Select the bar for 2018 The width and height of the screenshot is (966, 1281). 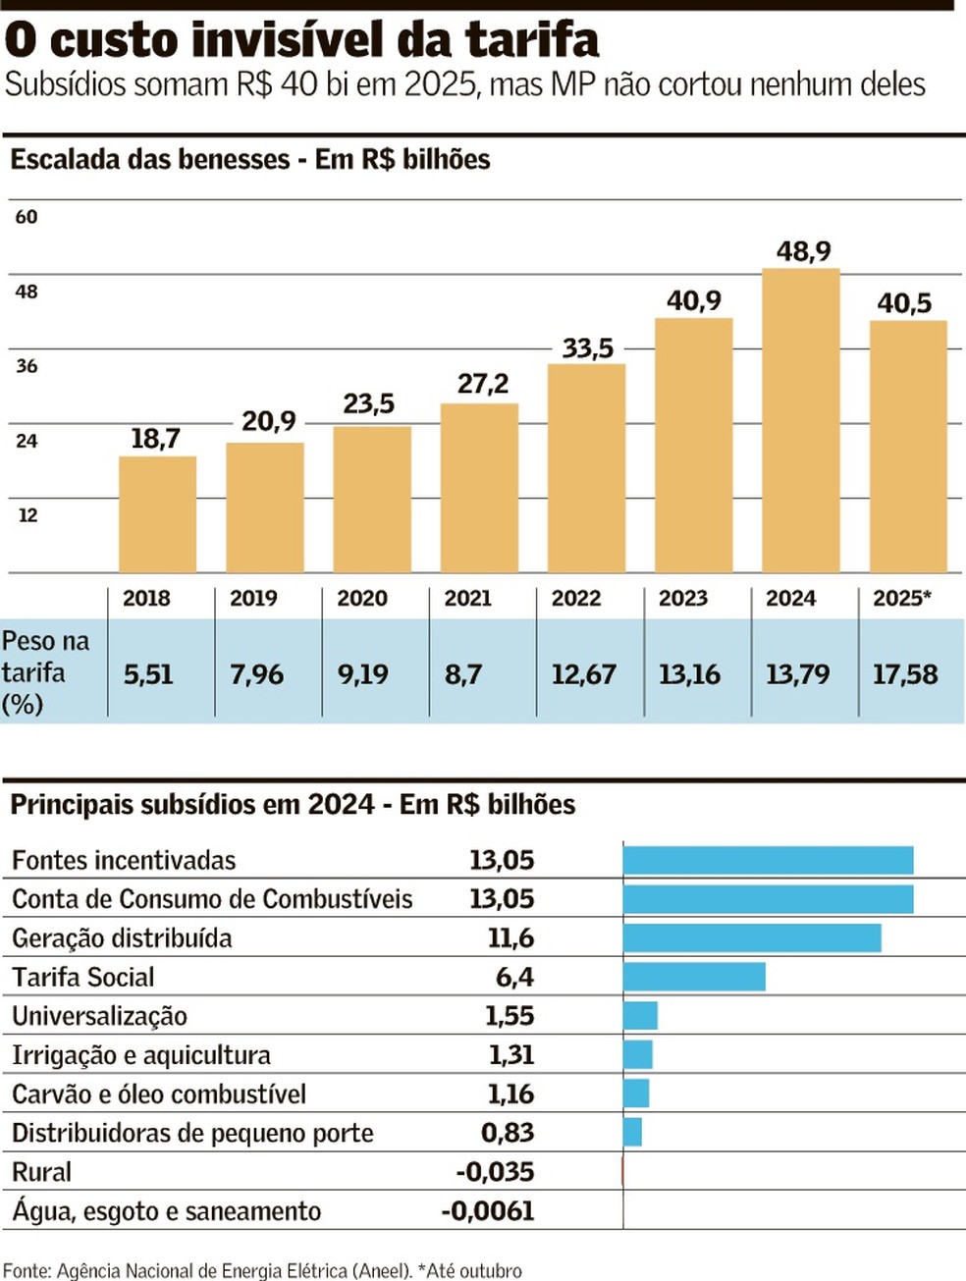[157, 514]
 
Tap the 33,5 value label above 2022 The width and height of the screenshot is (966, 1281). [587, 348]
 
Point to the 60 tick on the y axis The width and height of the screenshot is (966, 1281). [27, 217]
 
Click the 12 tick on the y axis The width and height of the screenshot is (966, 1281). [27, 515]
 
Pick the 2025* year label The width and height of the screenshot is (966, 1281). [902, 598]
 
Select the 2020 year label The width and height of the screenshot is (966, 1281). [362, 598]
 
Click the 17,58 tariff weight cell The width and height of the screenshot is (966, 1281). [905, 674]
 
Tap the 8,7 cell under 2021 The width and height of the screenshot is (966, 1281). [462, 674]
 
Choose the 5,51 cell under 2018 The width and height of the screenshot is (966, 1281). [148, 674]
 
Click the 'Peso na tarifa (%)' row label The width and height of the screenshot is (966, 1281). [45, 672]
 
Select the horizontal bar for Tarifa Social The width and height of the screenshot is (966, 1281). [694, 977]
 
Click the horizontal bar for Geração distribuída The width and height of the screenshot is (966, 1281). [752, 937]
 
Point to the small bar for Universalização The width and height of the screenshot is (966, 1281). [640, 1016]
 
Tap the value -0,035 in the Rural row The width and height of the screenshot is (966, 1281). [496, 1172]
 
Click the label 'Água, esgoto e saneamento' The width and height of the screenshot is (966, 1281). [167, 1211]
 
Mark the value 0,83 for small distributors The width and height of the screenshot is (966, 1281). [508, 1133]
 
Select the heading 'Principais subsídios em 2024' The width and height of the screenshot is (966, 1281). [192, 805]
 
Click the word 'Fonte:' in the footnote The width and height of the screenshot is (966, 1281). [26, 1271]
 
